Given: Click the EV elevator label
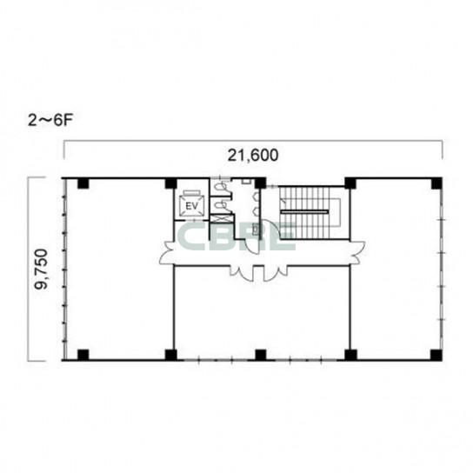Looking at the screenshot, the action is pyautogui.click(x=191, y=206).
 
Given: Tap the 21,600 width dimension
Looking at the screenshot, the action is pyautogui.click(x=253, y=156).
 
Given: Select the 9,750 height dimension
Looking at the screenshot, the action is pyautogui.click(x=41, y=269).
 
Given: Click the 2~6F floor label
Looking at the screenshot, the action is pyautogui.click(x=50, y=121).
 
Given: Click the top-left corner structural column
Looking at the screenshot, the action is pyautogui.click(x=83, y=183).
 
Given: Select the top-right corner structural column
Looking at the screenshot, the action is pyautogui.click(x=436, y=183).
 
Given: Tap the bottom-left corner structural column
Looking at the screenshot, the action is pyautogui.click(x=83, y=355).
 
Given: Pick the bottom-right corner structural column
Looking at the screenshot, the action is pyautogui.click(x=436, y=355).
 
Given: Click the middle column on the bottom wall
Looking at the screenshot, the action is pyautogui.click(x=261, y=355).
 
